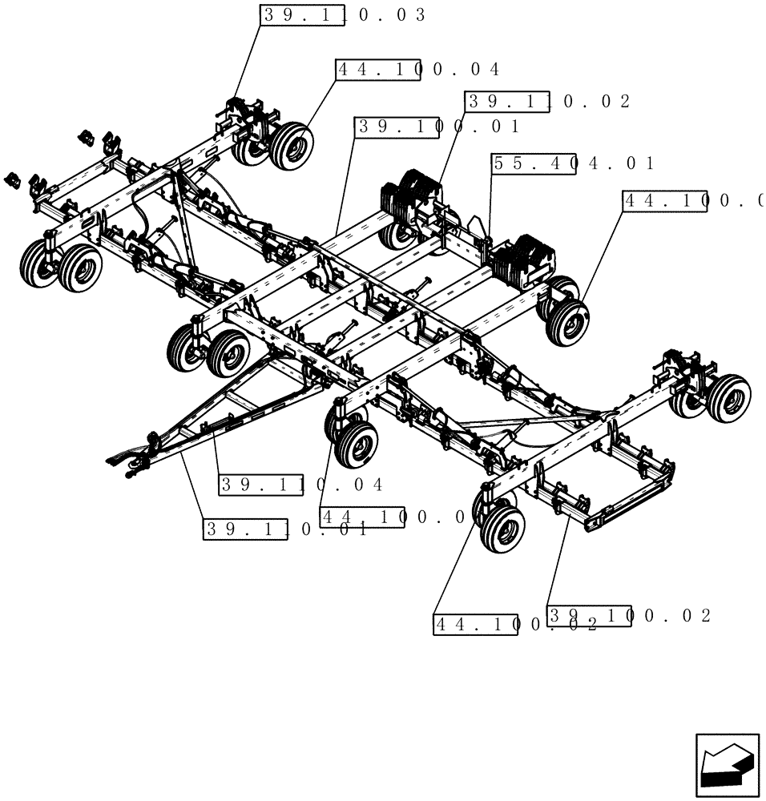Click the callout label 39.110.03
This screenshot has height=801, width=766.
[343, 15]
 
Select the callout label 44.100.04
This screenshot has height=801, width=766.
[417, 70]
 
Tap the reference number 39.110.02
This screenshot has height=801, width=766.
[548, 102]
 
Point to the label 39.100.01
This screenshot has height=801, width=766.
[437, 127]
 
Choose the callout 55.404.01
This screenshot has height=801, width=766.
[572, 164]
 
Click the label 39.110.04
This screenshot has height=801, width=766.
[301, 485]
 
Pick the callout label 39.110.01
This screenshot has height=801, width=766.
[286, 529]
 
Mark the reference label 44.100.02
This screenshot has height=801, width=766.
[515, 625]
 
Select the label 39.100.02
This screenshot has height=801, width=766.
[629, 615]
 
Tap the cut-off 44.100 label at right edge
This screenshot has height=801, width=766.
[692, 201]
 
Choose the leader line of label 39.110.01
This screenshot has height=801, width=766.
[192, 485]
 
